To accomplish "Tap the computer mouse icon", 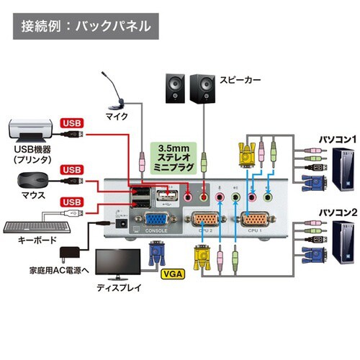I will [30, 179].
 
